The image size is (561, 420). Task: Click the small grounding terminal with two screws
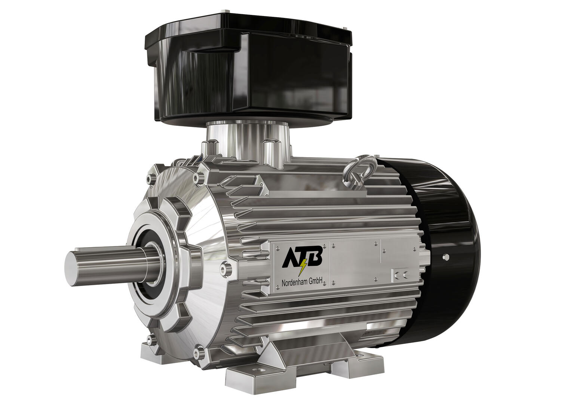[400, 276]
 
